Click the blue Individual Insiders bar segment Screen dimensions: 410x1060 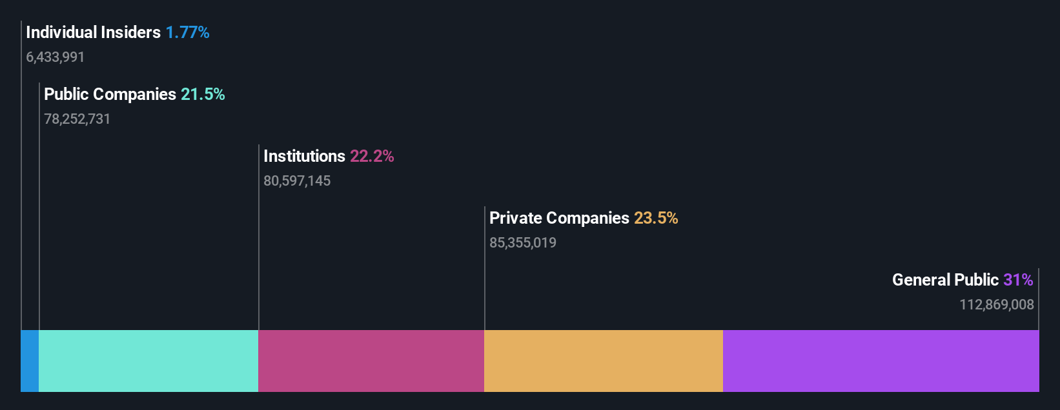pyautogui.click(x=30, y=360)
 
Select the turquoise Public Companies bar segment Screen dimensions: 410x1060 pyautogui.click(x=148, y=360)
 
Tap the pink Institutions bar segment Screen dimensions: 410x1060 pyautogui.click(x=371, y=360)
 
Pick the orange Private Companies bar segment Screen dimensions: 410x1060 pyautogui.click(x=604, y=360)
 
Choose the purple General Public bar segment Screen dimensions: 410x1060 pyautogui.click(x=881, y=360)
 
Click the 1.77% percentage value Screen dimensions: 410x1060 pyautogui.click(x=187, y=32)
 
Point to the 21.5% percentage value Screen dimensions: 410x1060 pyautogui.click(x=203, y=94)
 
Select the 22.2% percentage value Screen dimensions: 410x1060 pyautogui.click(x=372, y=156)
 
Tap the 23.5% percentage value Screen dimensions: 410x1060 pyautogui.click(x=656, y=218)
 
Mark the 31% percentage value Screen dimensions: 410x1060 pyautogui.click(x=1018, y=280)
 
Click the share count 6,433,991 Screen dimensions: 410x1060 pyautogui.click(x=56, y=57)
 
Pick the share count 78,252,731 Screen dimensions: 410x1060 pyautogui.click(x=77, y=119)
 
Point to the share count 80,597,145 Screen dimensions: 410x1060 pyautogui.click(x=297, y=181)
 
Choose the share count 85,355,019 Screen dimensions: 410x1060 pyautogui.click(x=523, y=243)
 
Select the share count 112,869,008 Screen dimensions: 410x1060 pyautogui.click(x=997, y=305)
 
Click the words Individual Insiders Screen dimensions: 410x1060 pyautogui.click(x=93, y=32)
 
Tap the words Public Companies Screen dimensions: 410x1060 pyautogui.click(x=110, y=94)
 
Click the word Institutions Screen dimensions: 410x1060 pyautogui.click(x=304, y=156)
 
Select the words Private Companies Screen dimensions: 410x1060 pyautogui.click(x=559, y=218)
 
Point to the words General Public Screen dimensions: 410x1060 pyautogui.click(x=945, y=280)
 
